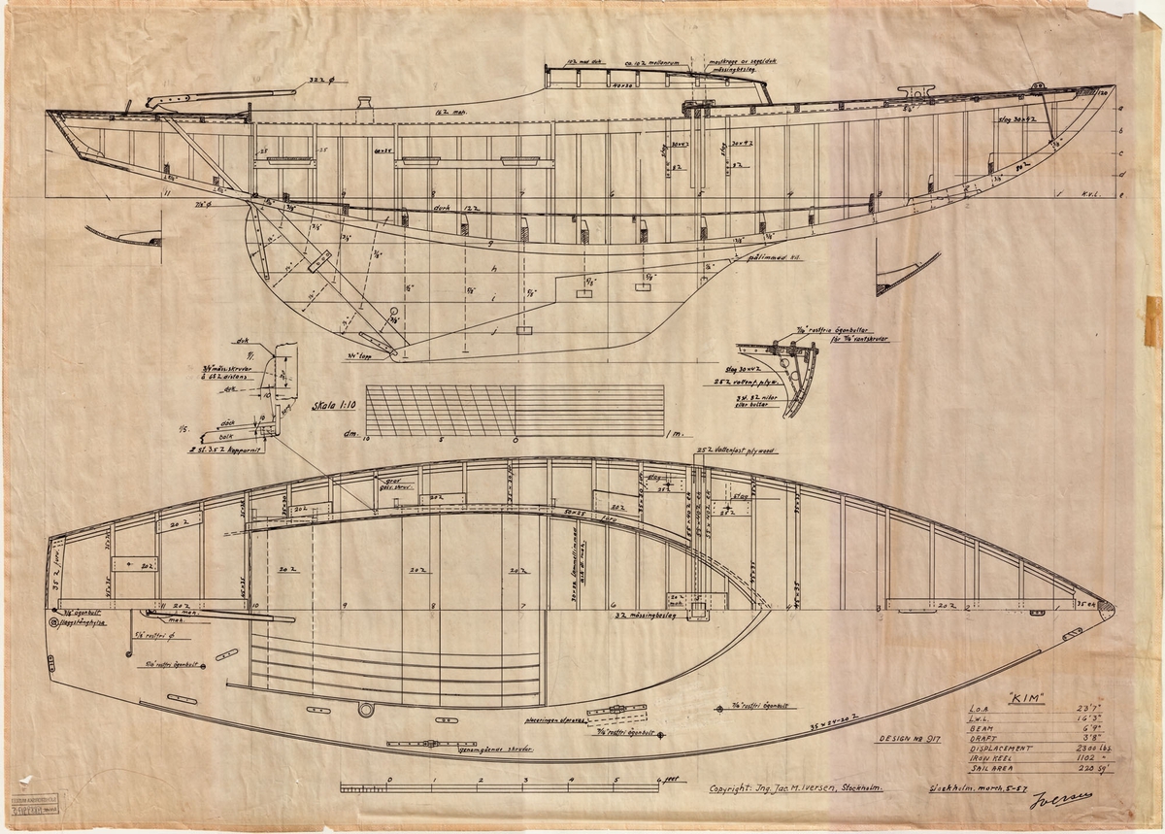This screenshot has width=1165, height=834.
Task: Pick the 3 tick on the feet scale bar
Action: pos(525,779)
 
